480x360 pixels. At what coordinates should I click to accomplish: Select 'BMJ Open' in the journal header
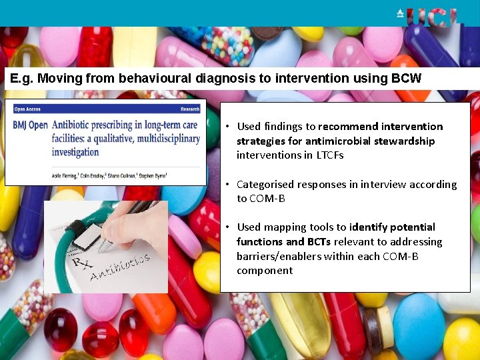pyautogui.click(x=30, y=125)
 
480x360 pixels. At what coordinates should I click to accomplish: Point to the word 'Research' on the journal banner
pyautogui.click(x=190, y=109)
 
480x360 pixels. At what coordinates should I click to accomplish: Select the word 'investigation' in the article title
pyautogui.click(x=75, y=152)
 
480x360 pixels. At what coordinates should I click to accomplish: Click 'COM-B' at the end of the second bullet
pyautogui.click(x=267, y=199)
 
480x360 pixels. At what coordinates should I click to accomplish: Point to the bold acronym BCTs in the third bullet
pyautogui.click(x=319, y=242)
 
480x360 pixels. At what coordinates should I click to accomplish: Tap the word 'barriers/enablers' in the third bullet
pyautogui.click(x=275, y=257)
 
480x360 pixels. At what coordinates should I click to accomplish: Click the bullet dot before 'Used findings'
pyautogui.click(x=227, y=127)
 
